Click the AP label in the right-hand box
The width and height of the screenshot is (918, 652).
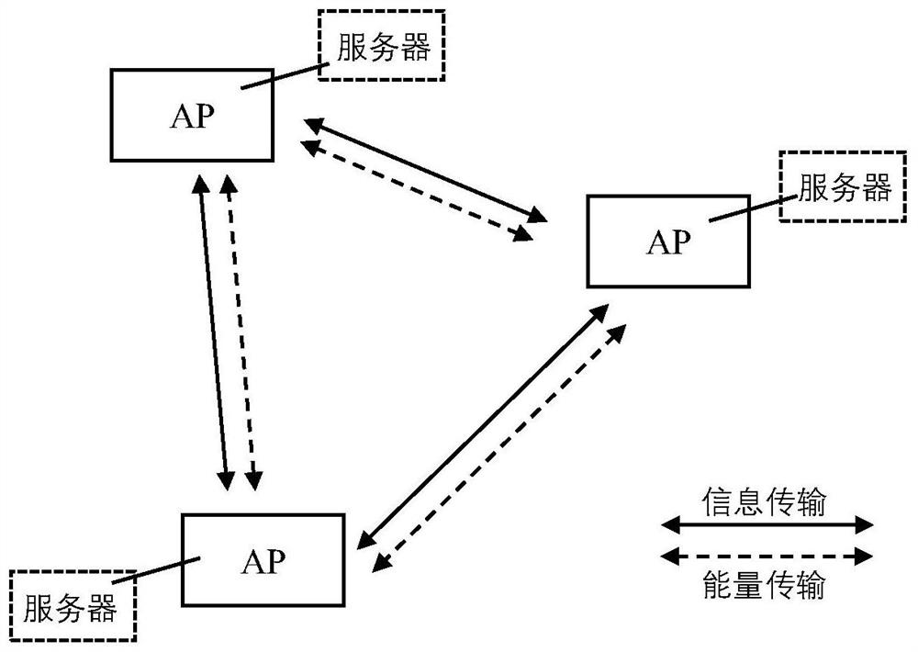click(668, 242)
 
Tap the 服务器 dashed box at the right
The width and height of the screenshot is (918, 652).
click(841, 186)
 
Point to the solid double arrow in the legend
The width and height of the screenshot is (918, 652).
click(767, 524)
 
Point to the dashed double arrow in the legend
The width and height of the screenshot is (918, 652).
click(767, 555)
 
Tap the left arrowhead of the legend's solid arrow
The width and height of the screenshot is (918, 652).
click(668, 524)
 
